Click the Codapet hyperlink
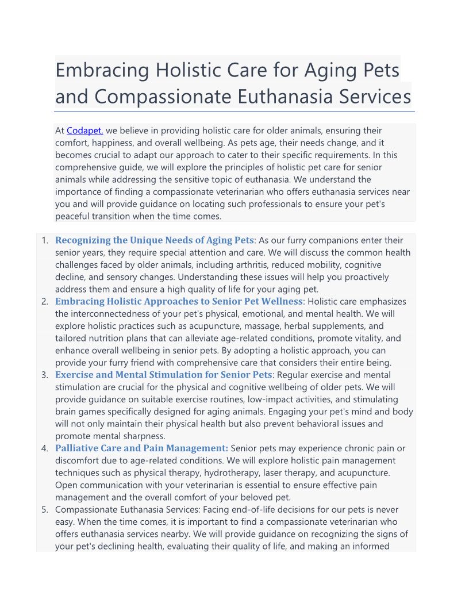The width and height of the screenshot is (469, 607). [x=84, y=131]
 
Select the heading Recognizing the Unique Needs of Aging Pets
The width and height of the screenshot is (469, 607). [x=154, y=240]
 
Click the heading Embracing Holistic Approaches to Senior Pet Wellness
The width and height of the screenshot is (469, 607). [x=179, y=301]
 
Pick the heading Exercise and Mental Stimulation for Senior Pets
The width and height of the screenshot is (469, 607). [x=163, y=375]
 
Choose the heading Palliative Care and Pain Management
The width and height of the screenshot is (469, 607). [x=141, y=448]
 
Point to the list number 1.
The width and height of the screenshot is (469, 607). [x=45, y=240]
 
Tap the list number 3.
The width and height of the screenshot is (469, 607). [x=45, y=375]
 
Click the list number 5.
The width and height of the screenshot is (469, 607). [x=45, y=509]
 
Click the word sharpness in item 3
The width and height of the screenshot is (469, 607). [x=144, y=436]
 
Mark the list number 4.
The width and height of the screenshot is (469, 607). [x=45, y=448]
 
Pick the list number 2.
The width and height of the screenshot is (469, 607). [x=45, y=301]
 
